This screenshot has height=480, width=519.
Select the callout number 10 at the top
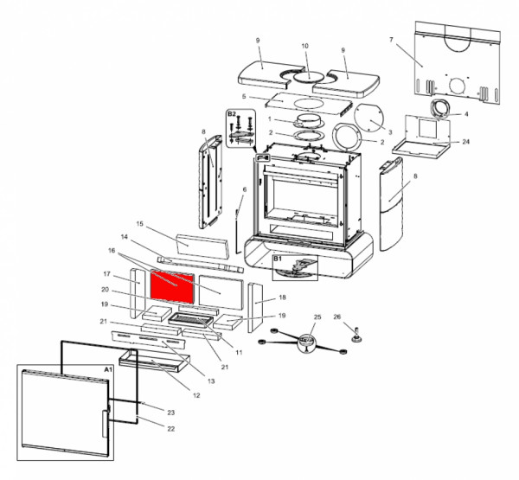point(304,45)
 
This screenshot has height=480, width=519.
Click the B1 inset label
point(279,259)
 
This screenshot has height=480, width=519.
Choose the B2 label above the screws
point(232,113)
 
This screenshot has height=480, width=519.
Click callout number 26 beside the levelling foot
point(338,317)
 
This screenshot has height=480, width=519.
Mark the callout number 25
point(317,317)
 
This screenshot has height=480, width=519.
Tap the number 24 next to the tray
point(466,141)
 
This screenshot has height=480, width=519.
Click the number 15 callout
point(138,224)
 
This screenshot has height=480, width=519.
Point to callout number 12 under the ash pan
point(196,395)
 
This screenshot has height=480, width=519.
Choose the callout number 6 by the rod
point(245,189)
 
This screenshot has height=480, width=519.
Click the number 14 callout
point(124,237)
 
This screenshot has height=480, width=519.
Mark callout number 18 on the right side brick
point(282,298)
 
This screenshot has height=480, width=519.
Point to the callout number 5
point(245,97)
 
